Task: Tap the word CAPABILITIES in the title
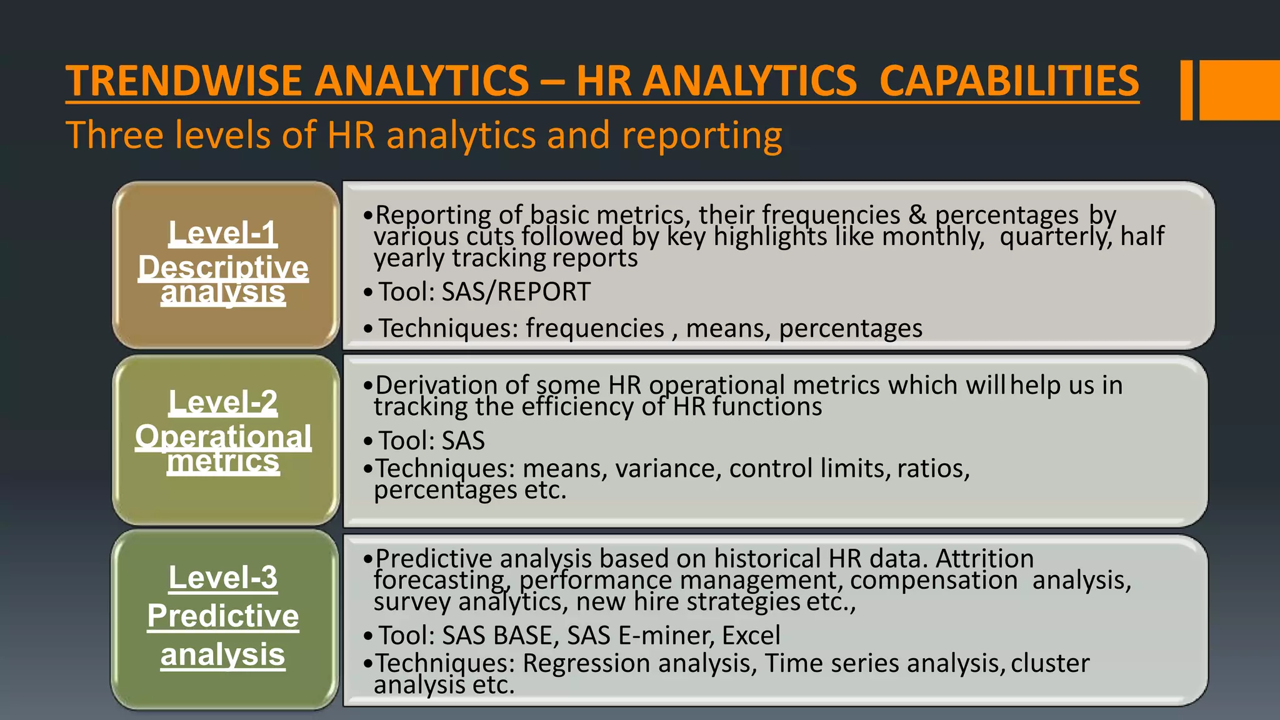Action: pyautogui.click(x=1009, y=81)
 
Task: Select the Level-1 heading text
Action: pyautogui.click(x=223, y=233)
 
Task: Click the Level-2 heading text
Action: pyautogui.click(x=223, y=402)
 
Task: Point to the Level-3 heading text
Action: pyautogui.click(x=223, y=577)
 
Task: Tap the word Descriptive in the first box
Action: pyautogui.click(x=223, y=267)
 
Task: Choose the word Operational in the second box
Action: pyautogui.click(x=223, y=436)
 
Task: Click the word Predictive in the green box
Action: pyautogui.click(x=223, y=616)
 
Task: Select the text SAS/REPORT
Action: pyautogui.click(x=516, y=292)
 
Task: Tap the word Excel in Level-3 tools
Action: pyautogui.click(x=751, y=636)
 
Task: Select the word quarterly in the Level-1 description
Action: pyautogui.click(x=1053, y=237)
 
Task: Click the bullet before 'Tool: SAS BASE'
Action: pyautogui.click(x=368, y=636)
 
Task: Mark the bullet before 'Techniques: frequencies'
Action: pyautogui.click(x=368, y=329)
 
